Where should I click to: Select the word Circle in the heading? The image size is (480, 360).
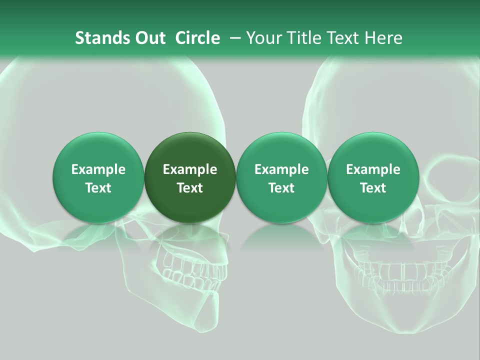coord(197,38)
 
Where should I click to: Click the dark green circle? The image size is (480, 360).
coord(189,177)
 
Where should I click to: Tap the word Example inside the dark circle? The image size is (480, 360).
coord(190,169)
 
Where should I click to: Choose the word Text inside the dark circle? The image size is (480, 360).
coord(190,188)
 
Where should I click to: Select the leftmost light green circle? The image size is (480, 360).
coord(98,177)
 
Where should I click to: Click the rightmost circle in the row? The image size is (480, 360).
coord(373,177)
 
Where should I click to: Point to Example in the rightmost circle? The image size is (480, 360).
coord(373,169)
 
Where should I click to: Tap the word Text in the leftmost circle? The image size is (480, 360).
coord(98,188)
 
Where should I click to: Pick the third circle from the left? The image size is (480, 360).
coord(281,177)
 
